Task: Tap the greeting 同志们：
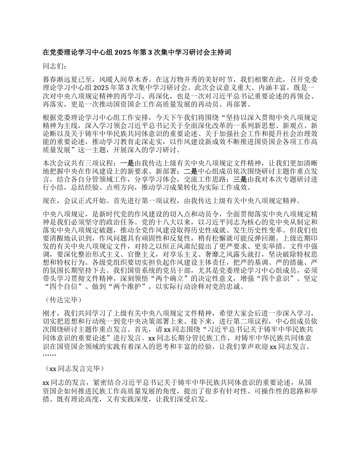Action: (x=55, y=66)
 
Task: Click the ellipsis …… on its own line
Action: (x=49, y=355)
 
